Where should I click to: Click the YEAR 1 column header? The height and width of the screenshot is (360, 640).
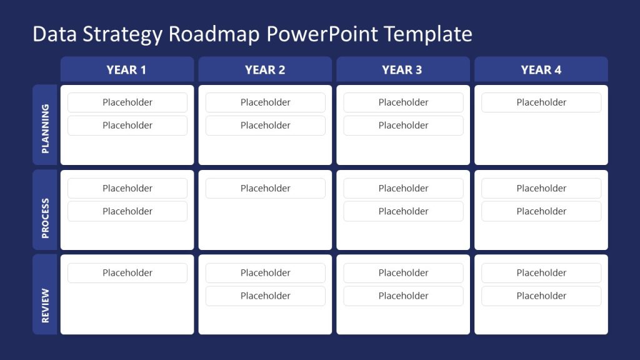[127, 69]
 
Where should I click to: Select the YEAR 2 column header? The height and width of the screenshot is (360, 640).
[265, 69]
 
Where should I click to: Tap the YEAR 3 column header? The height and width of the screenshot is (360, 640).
[402, 69]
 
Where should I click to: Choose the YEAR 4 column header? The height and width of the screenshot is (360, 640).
[541, 69]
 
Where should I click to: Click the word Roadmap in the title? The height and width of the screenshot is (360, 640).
[214, 34]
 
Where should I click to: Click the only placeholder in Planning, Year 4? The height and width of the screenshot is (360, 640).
[541, 102]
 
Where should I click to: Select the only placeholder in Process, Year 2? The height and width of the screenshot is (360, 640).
[266, 188]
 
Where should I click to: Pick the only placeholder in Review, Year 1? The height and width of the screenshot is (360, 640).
[127, 272]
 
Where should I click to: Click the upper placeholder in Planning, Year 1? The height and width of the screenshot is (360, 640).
[127, 102]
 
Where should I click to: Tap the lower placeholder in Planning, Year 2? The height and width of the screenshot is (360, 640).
[266, 126]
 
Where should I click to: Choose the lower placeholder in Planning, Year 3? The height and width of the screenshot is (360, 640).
[404, 126]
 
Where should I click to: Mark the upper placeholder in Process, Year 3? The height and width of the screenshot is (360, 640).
[404, 188]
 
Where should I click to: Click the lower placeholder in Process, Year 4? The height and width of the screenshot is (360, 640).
[541, 211]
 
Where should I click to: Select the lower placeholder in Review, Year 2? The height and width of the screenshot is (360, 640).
[266, 296]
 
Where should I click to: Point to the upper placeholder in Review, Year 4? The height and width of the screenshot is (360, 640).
[541, 272]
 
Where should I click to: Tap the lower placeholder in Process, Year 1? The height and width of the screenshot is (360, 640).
[127, 211]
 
